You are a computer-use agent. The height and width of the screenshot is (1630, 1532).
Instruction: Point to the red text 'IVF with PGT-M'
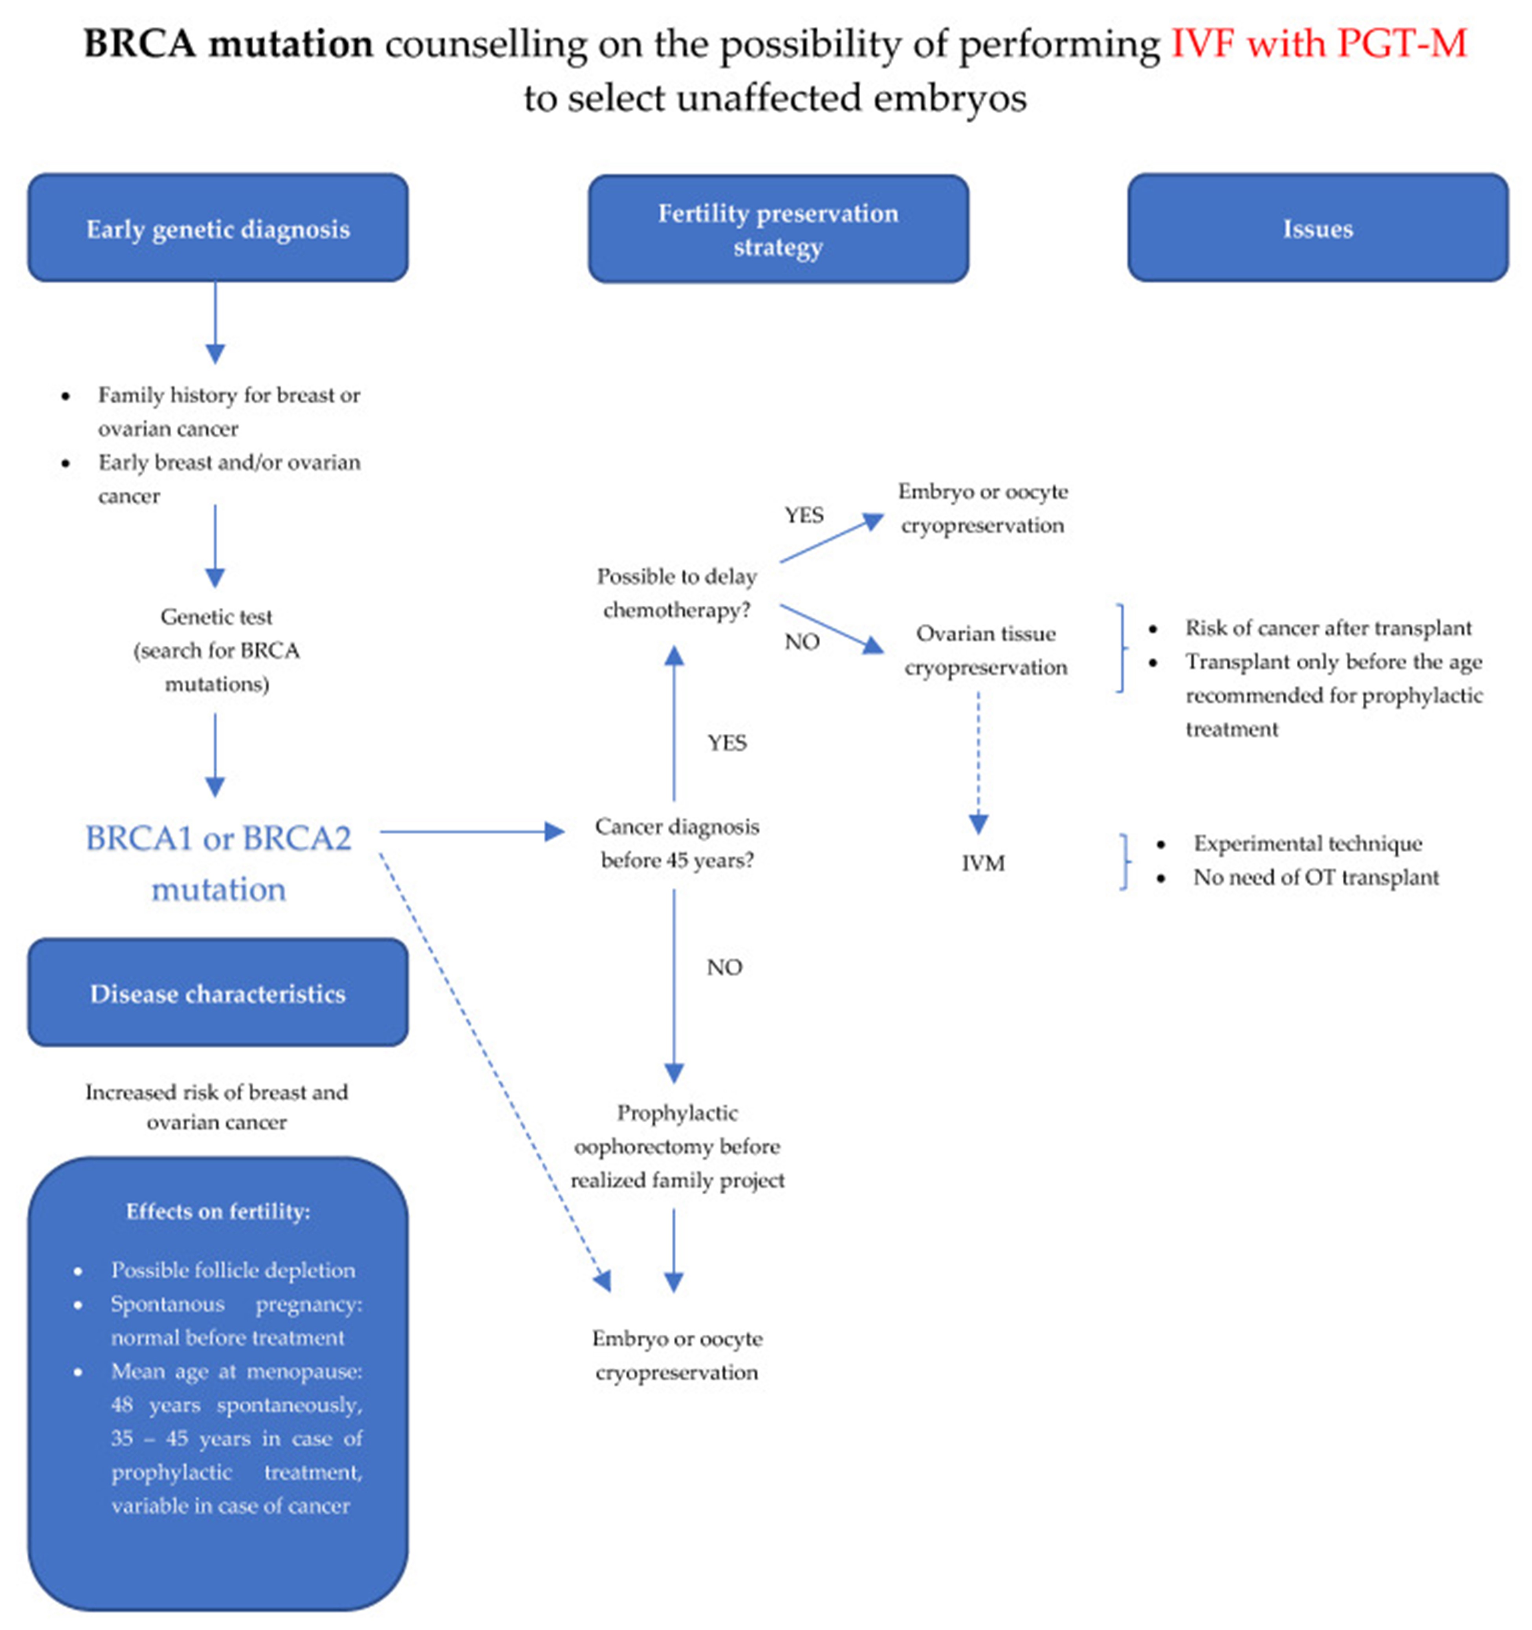[x=1318, y=44]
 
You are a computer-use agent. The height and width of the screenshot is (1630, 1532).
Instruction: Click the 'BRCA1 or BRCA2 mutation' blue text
[x=218, y=863]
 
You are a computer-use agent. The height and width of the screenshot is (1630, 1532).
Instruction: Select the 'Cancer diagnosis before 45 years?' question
[x=676, y=843]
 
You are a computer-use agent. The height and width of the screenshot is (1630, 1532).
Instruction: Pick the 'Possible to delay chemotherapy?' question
[x=676, y=593]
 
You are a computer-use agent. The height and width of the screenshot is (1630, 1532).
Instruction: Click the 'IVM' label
[x=982, y=863]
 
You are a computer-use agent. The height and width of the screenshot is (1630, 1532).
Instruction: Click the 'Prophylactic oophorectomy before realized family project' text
[x=676, y=1146]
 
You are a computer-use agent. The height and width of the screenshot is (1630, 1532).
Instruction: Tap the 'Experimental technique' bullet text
[x=1307, y=844]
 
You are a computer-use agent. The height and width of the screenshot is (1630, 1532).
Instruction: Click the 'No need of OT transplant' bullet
[x=1316, y=877]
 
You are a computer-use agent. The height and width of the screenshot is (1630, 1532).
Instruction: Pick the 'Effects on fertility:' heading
[x=218, y=1212]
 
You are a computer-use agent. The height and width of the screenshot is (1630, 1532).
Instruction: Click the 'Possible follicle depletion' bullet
[x=233, y=1270]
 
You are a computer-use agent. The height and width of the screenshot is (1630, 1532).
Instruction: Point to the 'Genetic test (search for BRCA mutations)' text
[x=216, y=650]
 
